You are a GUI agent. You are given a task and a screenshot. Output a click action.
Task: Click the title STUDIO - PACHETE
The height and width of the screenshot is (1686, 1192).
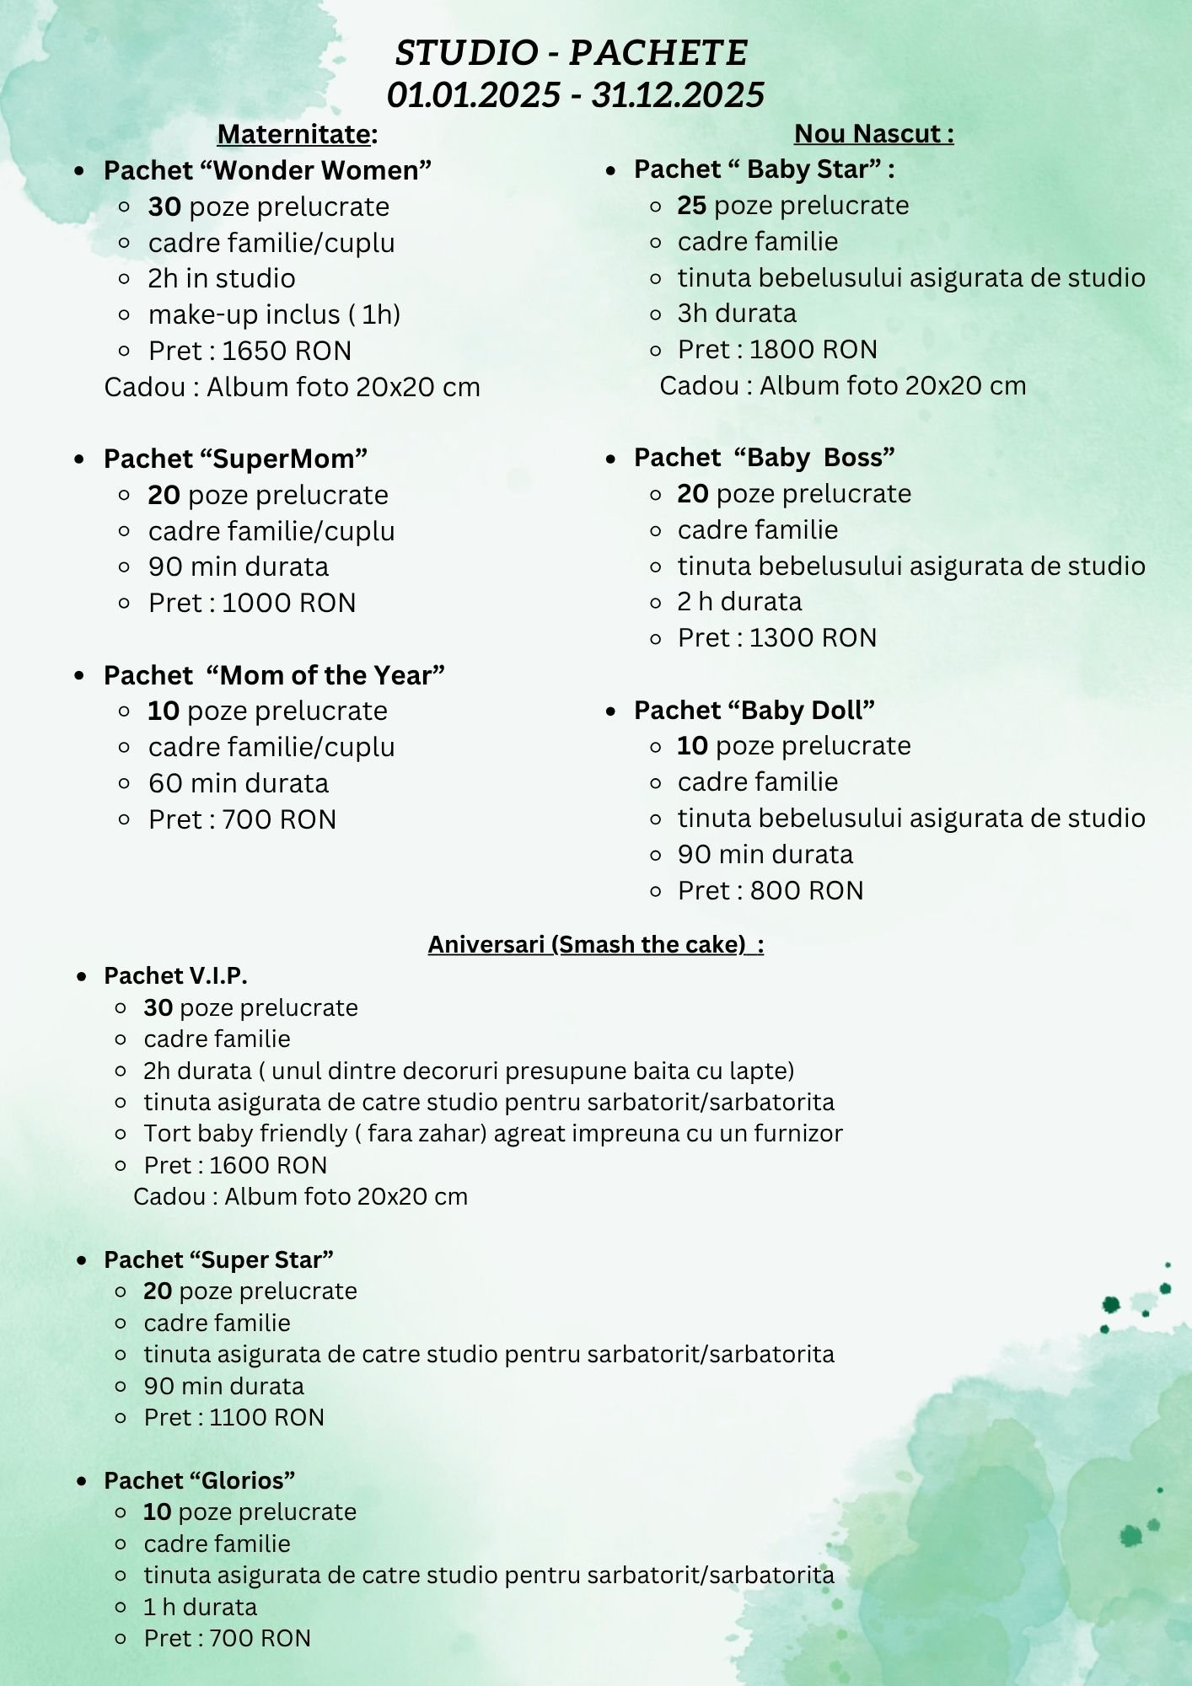pyautogui.click(x=572, y=53)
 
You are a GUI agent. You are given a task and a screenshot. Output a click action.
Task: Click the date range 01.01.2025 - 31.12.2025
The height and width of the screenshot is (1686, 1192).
pyautogui.click(x=576, y=94)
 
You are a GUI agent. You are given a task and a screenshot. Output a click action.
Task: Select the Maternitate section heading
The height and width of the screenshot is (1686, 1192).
pyautogui.click(x=297, y=134)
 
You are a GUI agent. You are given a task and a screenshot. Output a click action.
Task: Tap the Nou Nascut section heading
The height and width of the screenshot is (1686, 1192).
pyautogui.click(x=873, y=133)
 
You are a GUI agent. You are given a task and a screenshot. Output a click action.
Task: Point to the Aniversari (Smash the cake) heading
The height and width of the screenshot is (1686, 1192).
pyautogui.click(x=595, y=944)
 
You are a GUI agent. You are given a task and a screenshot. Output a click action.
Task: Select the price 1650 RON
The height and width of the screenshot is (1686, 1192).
pyautogui.click(x=287, y=351)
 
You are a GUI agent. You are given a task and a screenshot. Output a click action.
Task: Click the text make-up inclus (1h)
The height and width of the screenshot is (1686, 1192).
pyautogui.click(x=274, y=314)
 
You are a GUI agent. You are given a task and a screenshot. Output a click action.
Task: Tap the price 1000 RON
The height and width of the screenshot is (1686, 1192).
pyautogui.click(x=289, y=603)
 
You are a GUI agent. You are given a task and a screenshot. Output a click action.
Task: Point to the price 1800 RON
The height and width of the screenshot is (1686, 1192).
pyautogui.click(x=813, y=349)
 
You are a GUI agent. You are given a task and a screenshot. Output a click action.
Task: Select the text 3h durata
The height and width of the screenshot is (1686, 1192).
pyautogui.click(x=737, y=314)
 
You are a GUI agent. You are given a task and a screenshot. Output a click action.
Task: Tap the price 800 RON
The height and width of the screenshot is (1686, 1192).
pyautogui.click(x=807, y=890)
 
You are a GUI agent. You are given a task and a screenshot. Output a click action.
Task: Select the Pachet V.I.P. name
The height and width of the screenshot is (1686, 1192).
pyautogui.click(x=175, y=975)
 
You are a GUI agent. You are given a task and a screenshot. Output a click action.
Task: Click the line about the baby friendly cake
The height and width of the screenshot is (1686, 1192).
pyautogui.click(x=493, y=1133)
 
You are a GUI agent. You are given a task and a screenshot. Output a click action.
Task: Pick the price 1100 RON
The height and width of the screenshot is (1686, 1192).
pyautogui.click(x=266, y=1417)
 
